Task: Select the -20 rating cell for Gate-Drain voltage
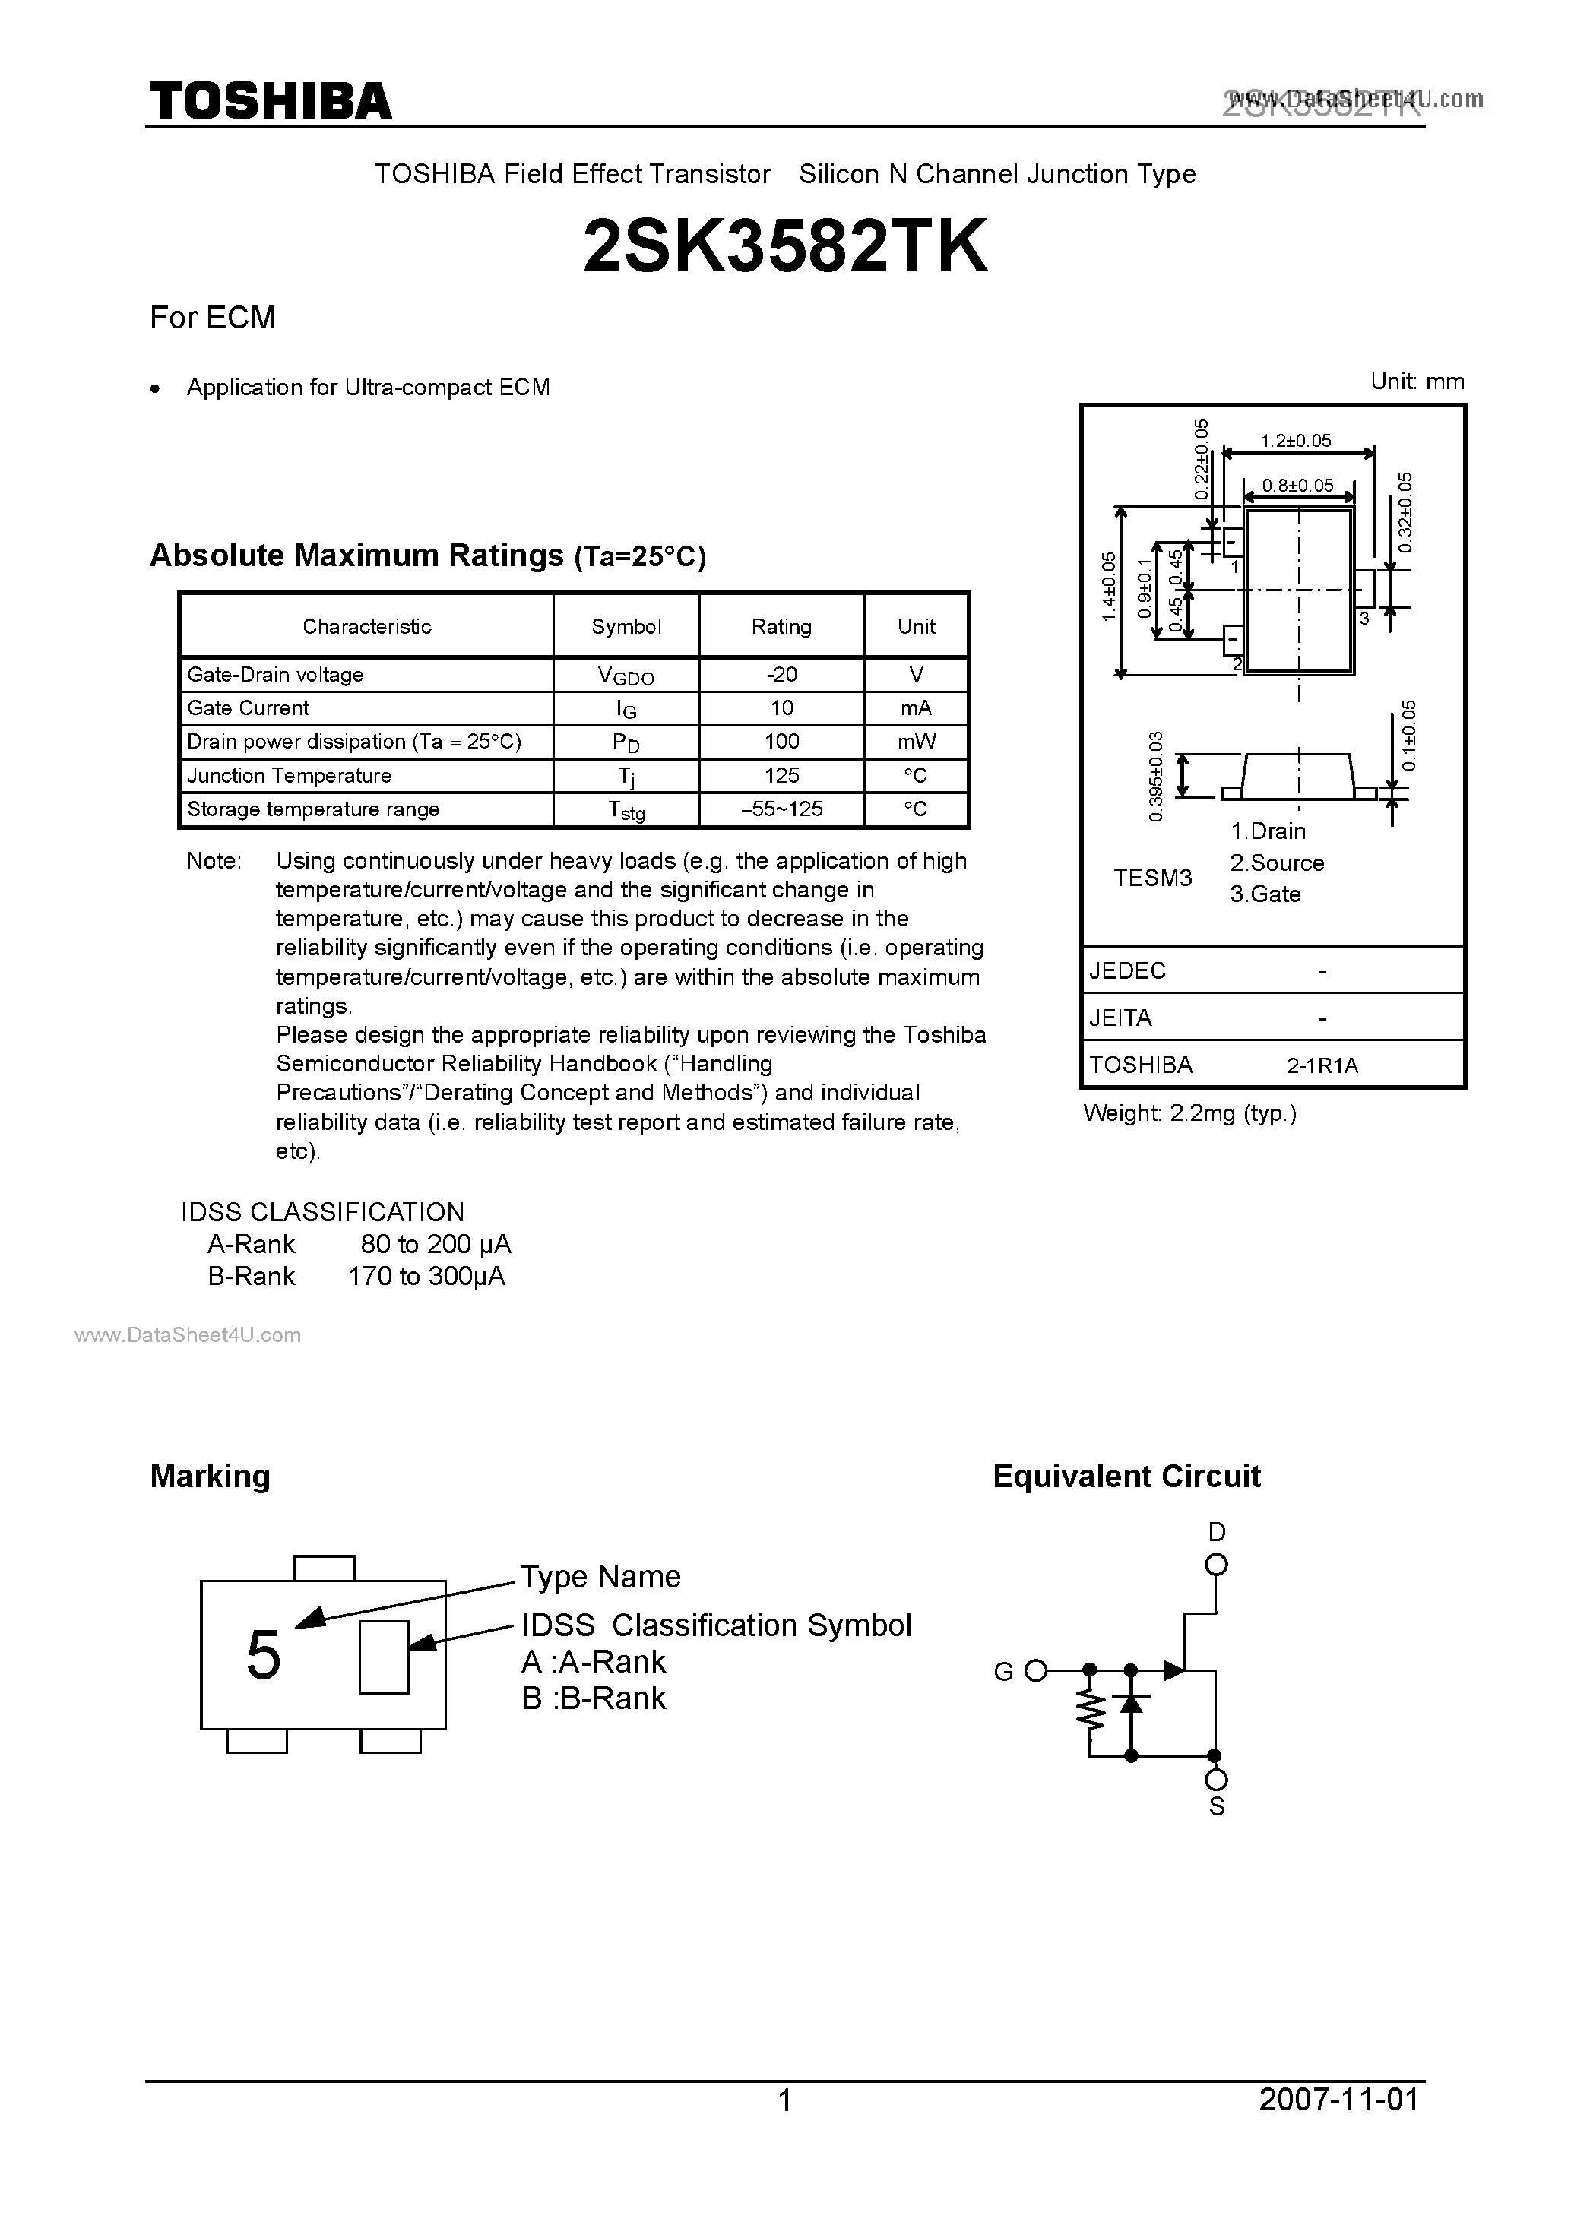(x=781, y=675)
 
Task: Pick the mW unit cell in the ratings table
(x=916, y=742)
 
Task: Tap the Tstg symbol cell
(x=626, y=810)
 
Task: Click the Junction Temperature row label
(x=290, y=775)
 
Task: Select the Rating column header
(x=781, y=626)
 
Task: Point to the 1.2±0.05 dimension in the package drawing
(x=1296, y=440)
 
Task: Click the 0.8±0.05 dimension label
(x=1298, y=485)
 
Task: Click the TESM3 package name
(x=1153, y=878)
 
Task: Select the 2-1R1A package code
(x=1322, y=1065)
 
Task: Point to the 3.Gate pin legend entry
(x=1265, y=894)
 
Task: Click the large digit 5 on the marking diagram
(x=263, y=1656)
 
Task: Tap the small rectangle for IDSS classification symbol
(x=383, y=1657)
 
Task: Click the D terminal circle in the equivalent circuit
(x=1217, y=1565)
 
